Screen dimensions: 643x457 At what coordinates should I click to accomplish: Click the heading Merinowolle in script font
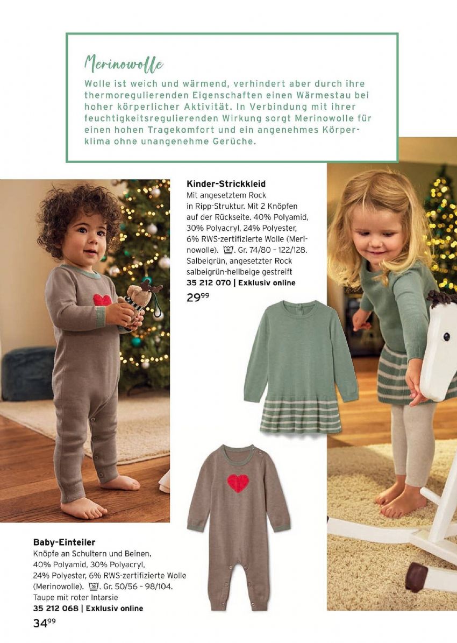123,64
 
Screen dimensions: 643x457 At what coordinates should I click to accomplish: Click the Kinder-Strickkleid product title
226,184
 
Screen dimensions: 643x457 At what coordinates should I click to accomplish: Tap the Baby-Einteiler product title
64,542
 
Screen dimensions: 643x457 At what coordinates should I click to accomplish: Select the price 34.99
44,623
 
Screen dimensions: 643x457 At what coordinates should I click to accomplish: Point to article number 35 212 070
209,282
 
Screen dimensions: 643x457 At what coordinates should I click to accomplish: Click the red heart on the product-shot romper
238,483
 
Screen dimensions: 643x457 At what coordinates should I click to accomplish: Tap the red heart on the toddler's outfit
102,300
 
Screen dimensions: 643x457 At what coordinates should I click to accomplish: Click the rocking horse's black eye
446,337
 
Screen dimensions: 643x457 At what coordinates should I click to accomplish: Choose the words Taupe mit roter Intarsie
75,597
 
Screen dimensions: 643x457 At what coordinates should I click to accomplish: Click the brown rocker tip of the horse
415,577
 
